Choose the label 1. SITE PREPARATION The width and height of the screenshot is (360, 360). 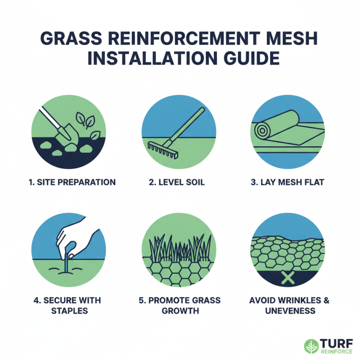pos(70,182)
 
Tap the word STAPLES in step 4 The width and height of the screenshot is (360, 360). pos(70,311)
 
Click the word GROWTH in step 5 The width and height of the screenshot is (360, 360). pos(180,311)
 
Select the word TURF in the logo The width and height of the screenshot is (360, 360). pos(336,342)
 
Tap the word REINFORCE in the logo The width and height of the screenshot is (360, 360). pos(336,351)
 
